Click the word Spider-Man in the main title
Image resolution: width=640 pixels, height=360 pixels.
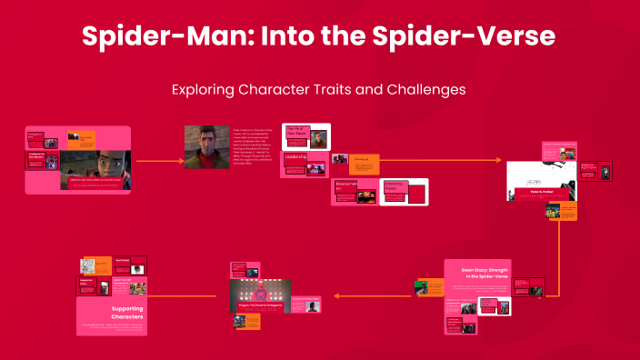pyautogui.click(x=154, y=37)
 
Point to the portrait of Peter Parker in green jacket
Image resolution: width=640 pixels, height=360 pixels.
pyautogui.click(x=206, y=146)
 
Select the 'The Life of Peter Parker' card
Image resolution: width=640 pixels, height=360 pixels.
pyautogui.click(x=297, y=134)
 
